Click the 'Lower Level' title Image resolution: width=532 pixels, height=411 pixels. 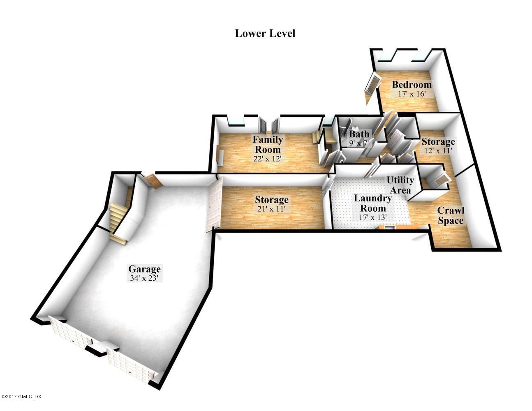tap(265, 33)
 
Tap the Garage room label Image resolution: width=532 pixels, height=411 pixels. tap(144, 269)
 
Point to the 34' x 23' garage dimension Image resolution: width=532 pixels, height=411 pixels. tap(144, 278)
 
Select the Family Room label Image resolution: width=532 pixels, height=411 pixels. tap(268, 144)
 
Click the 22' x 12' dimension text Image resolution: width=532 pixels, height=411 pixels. tap(268, 158)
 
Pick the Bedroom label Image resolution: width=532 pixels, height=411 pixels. tap(412, 85)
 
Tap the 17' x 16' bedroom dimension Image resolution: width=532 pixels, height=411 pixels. tap(411, 94)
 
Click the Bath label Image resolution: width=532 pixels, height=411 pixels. tap(359, 134)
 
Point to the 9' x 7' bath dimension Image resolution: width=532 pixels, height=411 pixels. tap(359, 143)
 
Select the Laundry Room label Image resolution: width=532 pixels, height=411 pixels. tap(373, 203)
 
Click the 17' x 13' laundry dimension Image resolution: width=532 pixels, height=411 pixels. tap(373, 217)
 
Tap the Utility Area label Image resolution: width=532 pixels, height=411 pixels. tap(400, 185)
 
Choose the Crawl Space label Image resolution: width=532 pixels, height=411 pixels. tap(451, 215)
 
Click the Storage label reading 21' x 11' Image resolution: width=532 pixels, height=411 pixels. tap(271, 200)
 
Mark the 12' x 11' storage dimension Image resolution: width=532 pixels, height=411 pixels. tap(438, 150)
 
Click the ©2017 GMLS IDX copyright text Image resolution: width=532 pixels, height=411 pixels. tap(22, 397)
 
